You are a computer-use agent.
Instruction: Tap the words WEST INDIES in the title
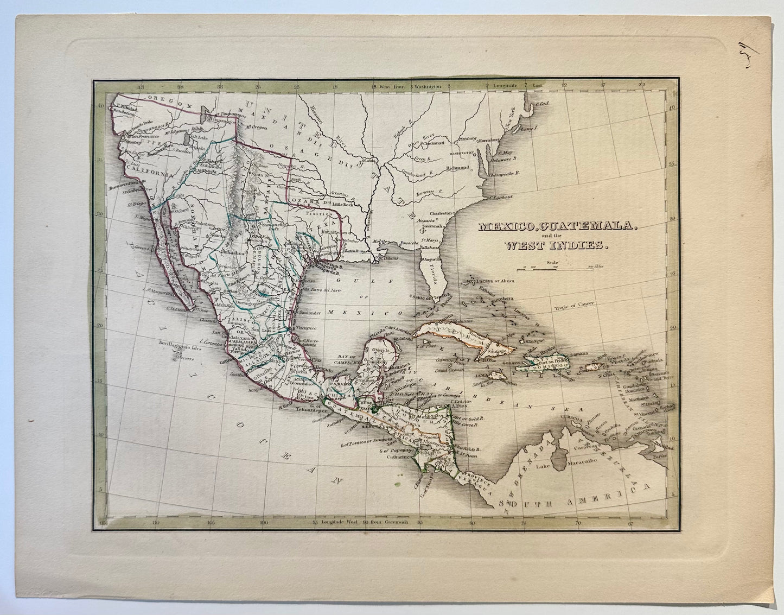(556, 246)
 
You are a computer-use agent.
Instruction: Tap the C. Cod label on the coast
(543, 104)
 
